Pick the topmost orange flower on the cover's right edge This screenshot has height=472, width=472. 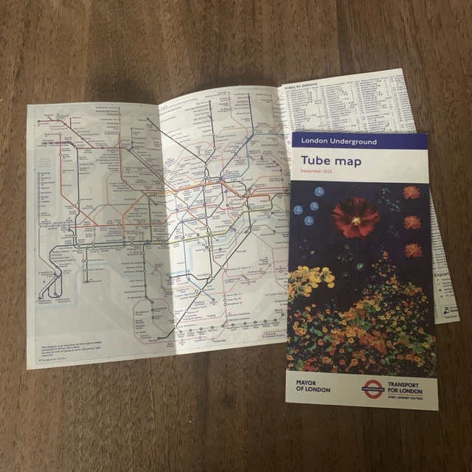coord(412,192)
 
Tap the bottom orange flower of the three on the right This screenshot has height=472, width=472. coord(414,250)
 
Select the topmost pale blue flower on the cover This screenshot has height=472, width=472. coord(319,192)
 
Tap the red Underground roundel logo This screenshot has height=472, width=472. coord(372,386)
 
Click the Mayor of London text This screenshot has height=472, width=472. coord(313,386)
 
